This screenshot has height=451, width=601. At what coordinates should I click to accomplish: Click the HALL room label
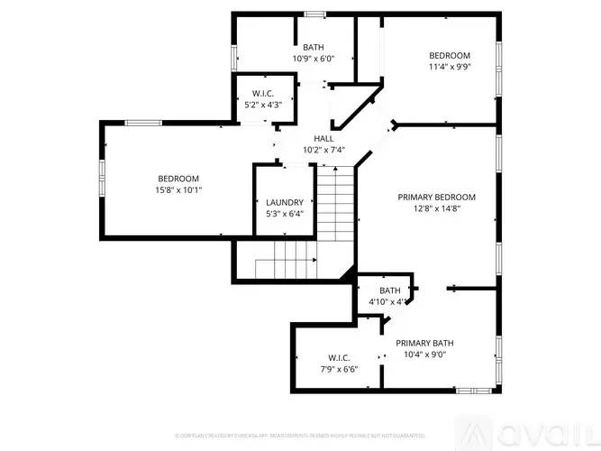point(323,138)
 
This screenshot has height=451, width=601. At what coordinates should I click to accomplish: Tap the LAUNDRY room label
point(285,202)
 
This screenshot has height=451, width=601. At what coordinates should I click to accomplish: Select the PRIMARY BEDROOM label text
point(437,197)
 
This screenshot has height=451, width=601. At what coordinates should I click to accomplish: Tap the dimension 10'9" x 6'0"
point(313,59)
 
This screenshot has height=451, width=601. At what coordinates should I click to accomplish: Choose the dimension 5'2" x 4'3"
point(263,106)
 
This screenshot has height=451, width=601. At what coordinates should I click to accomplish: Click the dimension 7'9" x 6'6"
point(338,369)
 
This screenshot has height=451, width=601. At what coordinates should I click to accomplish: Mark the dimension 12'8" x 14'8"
point(437,208)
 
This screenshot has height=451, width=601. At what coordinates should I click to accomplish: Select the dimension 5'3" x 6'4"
point(285,214)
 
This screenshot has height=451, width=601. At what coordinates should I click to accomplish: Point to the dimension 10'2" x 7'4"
point(323,149)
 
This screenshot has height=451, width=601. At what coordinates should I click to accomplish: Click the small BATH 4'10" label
point(389,290)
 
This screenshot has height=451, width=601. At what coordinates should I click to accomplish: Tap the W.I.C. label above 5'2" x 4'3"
point(263,94)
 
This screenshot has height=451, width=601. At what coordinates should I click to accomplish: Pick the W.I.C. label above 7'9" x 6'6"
point(338,357)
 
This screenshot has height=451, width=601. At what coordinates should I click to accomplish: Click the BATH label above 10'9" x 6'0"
point(313,47)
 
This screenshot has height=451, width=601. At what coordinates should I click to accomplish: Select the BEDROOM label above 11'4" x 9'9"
point(449,55)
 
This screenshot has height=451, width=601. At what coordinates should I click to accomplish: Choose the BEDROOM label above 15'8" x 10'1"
point(178,179)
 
